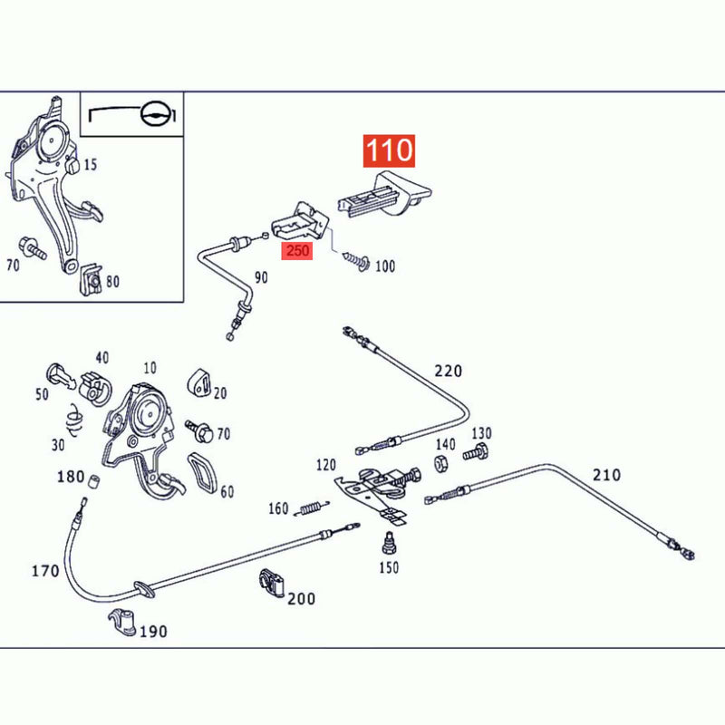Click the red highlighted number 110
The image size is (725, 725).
tap(389, 150)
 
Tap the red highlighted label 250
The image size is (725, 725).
tap(297, 251)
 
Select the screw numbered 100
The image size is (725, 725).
tap(356, 261)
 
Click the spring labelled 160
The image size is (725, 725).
tap(314, 508)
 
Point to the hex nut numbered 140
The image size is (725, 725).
tap(441, 463)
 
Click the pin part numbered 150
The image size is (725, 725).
tap(390, 543)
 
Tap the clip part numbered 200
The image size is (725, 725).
tap(271, 584)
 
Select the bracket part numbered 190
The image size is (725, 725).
tap(122, 622)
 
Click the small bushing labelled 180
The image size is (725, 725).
tap(94, 482)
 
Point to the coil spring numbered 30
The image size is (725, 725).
tap(74, 420)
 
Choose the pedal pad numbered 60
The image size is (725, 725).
tap(202, 475)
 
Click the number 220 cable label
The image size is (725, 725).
tap(448, 371)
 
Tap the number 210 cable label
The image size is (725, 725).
tap(606, 475)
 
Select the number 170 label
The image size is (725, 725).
tap(45, 571)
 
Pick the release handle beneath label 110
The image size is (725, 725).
tap(384, 194)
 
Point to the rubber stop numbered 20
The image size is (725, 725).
tap(199, 382)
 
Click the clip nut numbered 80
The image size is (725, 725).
tap(92, 279)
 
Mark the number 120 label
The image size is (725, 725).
tap(326, 465)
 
